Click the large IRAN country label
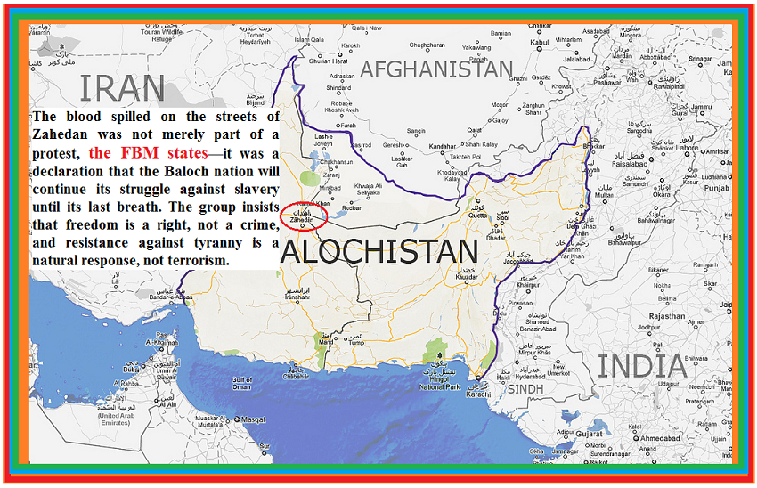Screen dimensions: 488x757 point(122,88)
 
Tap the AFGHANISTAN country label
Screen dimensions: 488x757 point(436,69)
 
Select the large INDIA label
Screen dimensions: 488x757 point(641,366)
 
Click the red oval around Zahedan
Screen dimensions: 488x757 point(303,216)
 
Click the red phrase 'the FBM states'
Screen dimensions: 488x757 point(148,152)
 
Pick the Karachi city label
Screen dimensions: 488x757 point(480,394)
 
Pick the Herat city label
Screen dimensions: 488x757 point(328,61)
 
